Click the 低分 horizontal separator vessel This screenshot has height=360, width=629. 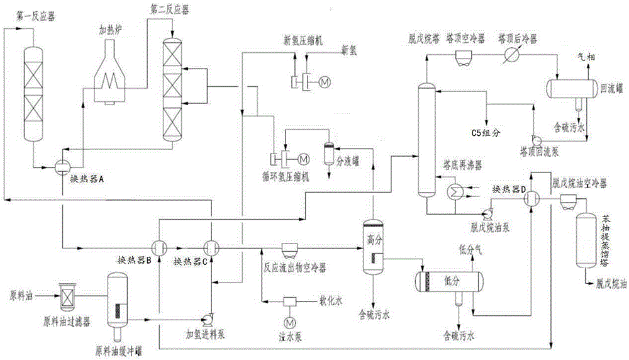pos(447,279)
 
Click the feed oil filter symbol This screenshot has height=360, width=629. pos(66,294)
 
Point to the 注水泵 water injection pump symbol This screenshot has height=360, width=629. pos(291,303)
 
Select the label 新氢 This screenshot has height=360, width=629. pos(349,48)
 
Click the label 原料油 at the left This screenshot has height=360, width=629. pos(20,294)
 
